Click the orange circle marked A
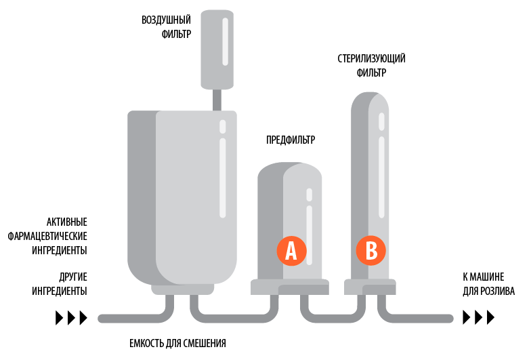pos(291,251)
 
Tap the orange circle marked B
pos(371,251)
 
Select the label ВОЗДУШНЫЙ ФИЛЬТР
pos(166,27)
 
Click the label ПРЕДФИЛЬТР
pos(291,140)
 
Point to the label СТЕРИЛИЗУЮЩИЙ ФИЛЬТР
pos(371,66)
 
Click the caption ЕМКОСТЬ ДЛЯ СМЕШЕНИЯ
pos(177,344)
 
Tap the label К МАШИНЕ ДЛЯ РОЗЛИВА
pos(488,284)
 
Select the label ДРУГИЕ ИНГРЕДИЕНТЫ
pos(60,284)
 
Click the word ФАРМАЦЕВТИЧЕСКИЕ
pos(47,236)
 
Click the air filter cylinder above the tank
pos(217,49)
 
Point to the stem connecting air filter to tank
pos(217,100)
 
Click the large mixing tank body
pos(182,197)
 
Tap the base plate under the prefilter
pos(290,287)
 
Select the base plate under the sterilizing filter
pos(370,287)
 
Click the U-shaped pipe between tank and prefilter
pos(234,318)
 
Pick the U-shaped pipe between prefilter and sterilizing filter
pos(333,318)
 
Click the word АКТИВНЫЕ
pos(67,222)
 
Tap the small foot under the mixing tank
pos(182,289)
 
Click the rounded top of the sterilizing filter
pos(370,101)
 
